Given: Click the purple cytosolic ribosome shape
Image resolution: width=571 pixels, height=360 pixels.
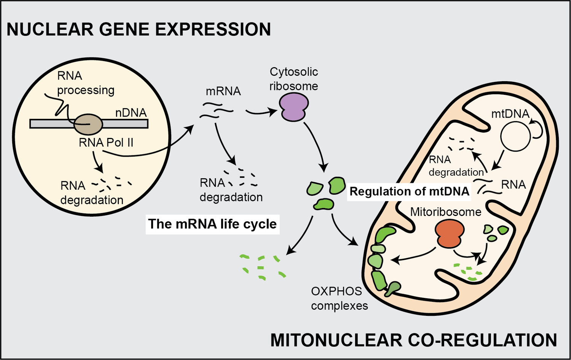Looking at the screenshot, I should (x=294, y=107).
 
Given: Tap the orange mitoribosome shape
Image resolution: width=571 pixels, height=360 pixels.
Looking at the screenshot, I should (x=450, y=234).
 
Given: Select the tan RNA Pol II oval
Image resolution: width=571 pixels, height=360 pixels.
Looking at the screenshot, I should (x=88, y=124).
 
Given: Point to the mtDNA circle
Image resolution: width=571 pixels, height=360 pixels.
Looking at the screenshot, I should (x=515, y=137).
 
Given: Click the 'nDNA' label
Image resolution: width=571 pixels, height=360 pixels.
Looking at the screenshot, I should (x=131, y=113).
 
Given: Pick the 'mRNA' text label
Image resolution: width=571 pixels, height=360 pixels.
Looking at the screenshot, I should (x=223, y=91).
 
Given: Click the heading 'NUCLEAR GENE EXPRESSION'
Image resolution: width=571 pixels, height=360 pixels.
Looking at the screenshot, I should (x=139, y=30).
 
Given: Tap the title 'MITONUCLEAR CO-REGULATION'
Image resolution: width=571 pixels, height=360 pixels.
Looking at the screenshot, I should (x=413, y=340).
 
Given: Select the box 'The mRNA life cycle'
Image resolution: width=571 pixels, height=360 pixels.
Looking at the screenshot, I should (x=212, y=224).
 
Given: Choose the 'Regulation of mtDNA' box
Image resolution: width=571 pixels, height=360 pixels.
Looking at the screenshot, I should (x=409, y=191).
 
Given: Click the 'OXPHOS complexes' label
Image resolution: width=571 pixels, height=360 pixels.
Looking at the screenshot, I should (x=339, y=299).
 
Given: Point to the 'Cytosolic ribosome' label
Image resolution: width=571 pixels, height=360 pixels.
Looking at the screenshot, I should (x=293, y=79).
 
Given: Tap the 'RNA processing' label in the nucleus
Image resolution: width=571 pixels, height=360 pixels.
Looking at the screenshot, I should (x=86, y=83).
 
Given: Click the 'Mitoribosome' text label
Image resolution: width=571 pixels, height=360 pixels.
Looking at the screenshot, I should (x=445, y=212).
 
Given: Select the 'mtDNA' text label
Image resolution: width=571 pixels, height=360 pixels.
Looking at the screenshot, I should (x=510, y=114).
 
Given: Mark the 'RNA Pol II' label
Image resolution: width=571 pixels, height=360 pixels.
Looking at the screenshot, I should (x=106, y=143).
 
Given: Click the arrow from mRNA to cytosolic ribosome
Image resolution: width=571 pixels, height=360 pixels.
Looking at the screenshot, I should (x=261, y=112).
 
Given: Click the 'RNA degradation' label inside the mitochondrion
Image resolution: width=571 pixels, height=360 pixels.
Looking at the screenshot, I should (x=456, y=166).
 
